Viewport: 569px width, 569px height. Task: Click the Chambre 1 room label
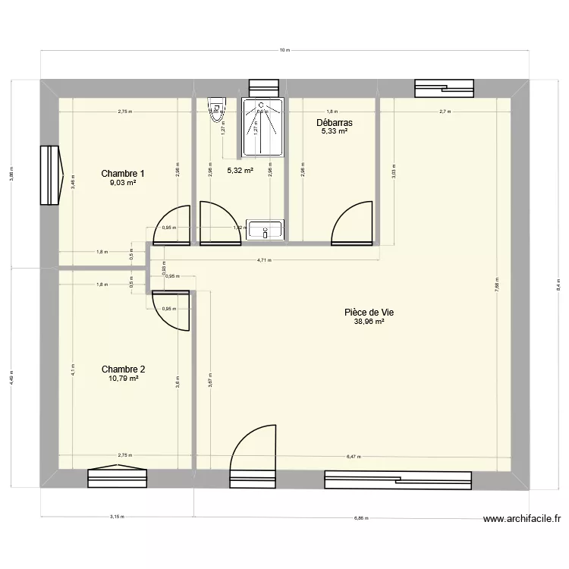tap(123, 174)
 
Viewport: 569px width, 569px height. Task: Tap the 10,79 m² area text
tap(123, 379)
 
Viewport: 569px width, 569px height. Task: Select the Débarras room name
tap(334, 122)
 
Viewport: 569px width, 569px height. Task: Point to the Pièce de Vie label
tap(369, 312)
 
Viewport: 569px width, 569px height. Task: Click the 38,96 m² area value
tap(369, 322)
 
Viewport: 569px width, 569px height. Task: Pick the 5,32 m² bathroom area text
tap(240, 171)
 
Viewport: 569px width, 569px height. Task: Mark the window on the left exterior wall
tap(50, 175)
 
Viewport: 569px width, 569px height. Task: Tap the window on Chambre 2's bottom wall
tap(117, 478)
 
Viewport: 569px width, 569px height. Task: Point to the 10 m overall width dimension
tap(284, 51)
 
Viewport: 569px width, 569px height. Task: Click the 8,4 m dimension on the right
tap(558, 286)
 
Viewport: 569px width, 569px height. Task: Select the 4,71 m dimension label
tap(264, 260)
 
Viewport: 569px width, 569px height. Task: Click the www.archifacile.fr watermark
tap(521, 520)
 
